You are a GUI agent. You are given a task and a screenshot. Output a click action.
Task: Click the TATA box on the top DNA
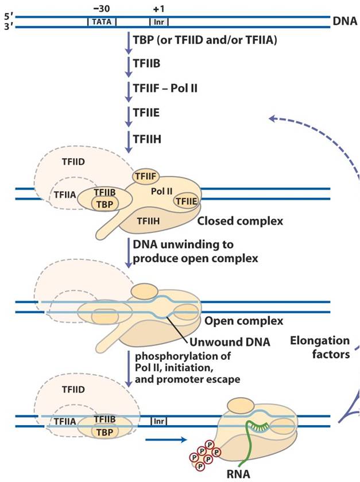[x=102, y=22]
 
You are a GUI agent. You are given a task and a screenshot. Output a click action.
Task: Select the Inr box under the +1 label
[x=159, y=22]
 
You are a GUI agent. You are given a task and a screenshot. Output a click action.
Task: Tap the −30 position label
[x=101, y=8]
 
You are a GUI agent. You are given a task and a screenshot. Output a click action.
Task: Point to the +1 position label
[x=158, y=8]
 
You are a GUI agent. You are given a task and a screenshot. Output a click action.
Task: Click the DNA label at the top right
[x=344, y=21]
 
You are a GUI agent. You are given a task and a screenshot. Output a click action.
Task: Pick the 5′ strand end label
[x=8, y=17]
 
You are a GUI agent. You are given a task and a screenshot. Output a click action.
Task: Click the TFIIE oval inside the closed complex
[x=187, y=201]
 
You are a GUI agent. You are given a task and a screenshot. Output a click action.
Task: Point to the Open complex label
[x=229, y=320]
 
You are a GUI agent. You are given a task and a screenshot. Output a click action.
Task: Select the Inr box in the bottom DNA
[x=159, y=421]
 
